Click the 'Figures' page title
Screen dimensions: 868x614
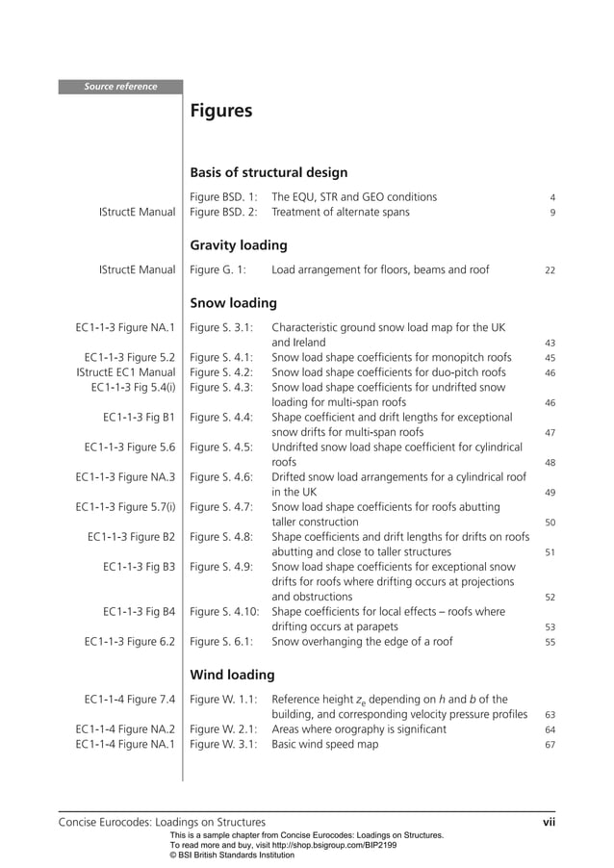click(x=221, y=112)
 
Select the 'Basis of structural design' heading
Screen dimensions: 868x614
click(x=269, y=173)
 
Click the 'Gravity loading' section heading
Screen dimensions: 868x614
click(x=239, y=245)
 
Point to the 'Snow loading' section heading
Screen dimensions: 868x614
click(x=234, y=303)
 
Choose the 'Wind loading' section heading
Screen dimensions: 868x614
click(x=232, y=675)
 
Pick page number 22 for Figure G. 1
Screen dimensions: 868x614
click(x=550, y=271)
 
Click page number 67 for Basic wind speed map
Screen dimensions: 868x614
click(x=550, y=745)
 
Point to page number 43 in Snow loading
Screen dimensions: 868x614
click(x=550, y=343)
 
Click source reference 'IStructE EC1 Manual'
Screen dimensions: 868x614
click(x=125, y=372)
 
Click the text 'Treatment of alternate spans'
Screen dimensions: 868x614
click(x=340, y=212)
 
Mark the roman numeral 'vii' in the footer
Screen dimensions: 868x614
click(x=549, y=822)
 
